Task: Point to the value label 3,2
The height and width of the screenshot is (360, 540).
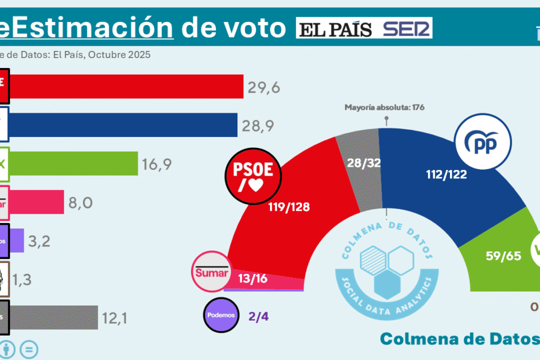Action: click(x=39, y=240)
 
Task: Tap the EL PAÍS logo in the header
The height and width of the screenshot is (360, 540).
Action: click(x=334, y=28)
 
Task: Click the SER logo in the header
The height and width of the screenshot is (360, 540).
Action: click(x=407, y=28)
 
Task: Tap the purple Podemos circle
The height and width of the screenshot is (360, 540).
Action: click(x=221, y=315)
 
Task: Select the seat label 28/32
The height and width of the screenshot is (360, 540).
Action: click(x=364, y=163)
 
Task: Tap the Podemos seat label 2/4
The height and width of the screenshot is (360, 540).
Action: click(x=259, y=316)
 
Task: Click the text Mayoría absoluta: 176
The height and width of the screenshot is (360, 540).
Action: click(x=384, y=107)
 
